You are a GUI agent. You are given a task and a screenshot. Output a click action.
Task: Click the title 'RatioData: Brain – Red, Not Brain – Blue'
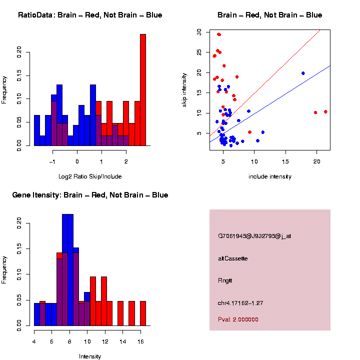pyautogui.click(x=90, y=15)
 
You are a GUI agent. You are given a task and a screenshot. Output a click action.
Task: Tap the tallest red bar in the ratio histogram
pyautogui.click(x=143, y=90)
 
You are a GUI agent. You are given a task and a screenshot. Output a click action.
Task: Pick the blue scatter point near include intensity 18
pyautogui.click(x=303, y=73)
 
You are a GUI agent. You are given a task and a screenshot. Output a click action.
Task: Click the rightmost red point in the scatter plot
pyautogui.click(x=325, y=111)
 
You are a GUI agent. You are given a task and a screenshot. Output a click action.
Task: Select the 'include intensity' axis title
pyautogui.click(x=270, y=176)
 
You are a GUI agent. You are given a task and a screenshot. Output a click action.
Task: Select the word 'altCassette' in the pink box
pyautogui.click(x=233, y=258)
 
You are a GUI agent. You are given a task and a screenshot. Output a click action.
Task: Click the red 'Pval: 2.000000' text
pyautogui.click(x=238, y=319)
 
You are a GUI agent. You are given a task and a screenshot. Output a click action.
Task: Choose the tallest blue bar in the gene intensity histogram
pyautogui.click(x=67, y=270)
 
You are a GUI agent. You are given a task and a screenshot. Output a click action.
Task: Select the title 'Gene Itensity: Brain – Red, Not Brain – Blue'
pyautogui.click(x=90, y=194)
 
